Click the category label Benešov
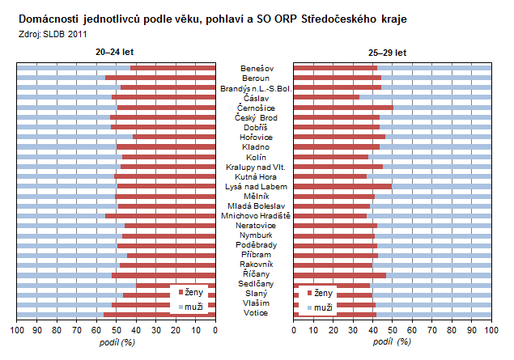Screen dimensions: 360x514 pyautogui.click(x=256, y=68)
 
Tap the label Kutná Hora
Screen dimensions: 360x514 pyautogui.click(x=256, y=176)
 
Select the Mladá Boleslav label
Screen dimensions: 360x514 pyautogui.click(x=256, y=205)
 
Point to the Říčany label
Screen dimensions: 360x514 pyautogui.click(x=256, y=274)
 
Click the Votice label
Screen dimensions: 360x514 pyautogui.click(x=256, y=313)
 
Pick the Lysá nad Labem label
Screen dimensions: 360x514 pyautogui.click(x=256, y=186)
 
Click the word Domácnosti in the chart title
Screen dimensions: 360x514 pyautogui.click(x=48, y=18)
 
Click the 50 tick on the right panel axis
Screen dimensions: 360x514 pyautogui.click(x=392, y=330)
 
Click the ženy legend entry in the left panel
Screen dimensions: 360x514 pyautogui.click(x=191, y=291)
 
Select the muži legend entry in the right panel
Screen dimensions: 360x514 pyautogui.click(x=321, y=307)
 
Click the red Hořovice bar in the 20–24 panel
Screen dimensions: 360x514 pyautogui.click(x=174, y=137)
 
